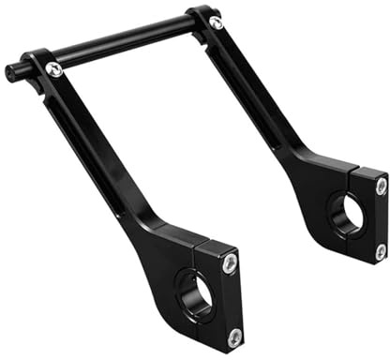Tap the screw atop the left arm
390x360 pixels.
tap(55, 69)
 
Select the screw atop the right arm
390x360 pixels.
tap(217, 22)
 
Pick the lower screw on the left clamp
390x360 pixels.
tap(233, 335)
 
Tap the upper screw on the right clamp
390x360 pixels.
tap(380, 187)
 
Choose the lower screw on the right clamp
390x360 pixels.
tap(381, 250)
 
